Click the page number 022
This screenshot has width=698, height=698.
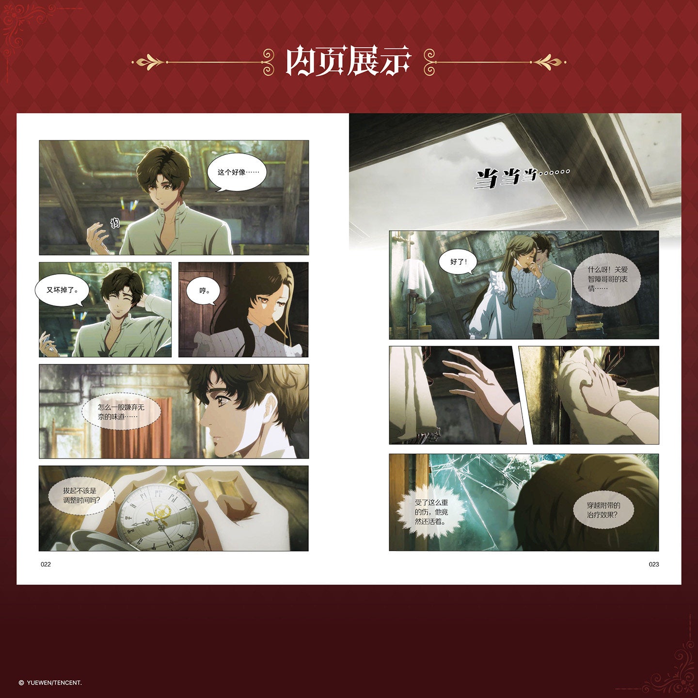coord(46,564)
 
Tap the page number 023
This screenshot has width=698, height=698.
coord(654,564)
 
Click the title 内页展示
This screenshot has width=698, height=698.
coord(349,61)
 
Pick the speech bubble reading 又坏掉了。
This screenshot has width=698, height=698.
coord(62,290)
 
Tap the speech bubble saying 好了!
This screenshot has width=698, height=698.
coord(458,262)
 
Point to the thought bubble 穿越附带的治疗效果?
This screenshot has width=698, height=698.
coord(603,510)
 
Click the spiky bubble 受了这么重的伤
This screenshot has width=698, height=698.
coord(431,512)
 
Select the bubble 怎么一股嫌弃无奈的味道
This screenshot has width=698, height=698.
coord(121,412)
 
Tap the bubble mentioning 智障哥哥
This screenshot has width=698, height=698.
coord(607,279)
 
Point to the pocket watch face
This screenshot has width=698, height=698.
coord(157,518)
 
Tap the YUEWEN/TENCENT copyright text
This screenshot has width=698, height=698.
coord(50,683)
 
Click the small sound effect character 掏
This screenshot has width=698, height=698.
coord(115,223)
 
